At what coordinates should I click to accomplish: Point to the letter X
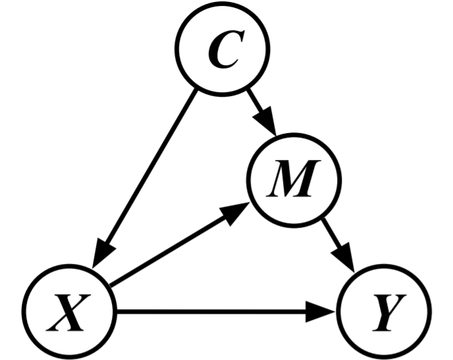69,313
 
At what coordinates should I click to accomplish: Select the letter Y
386,313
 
